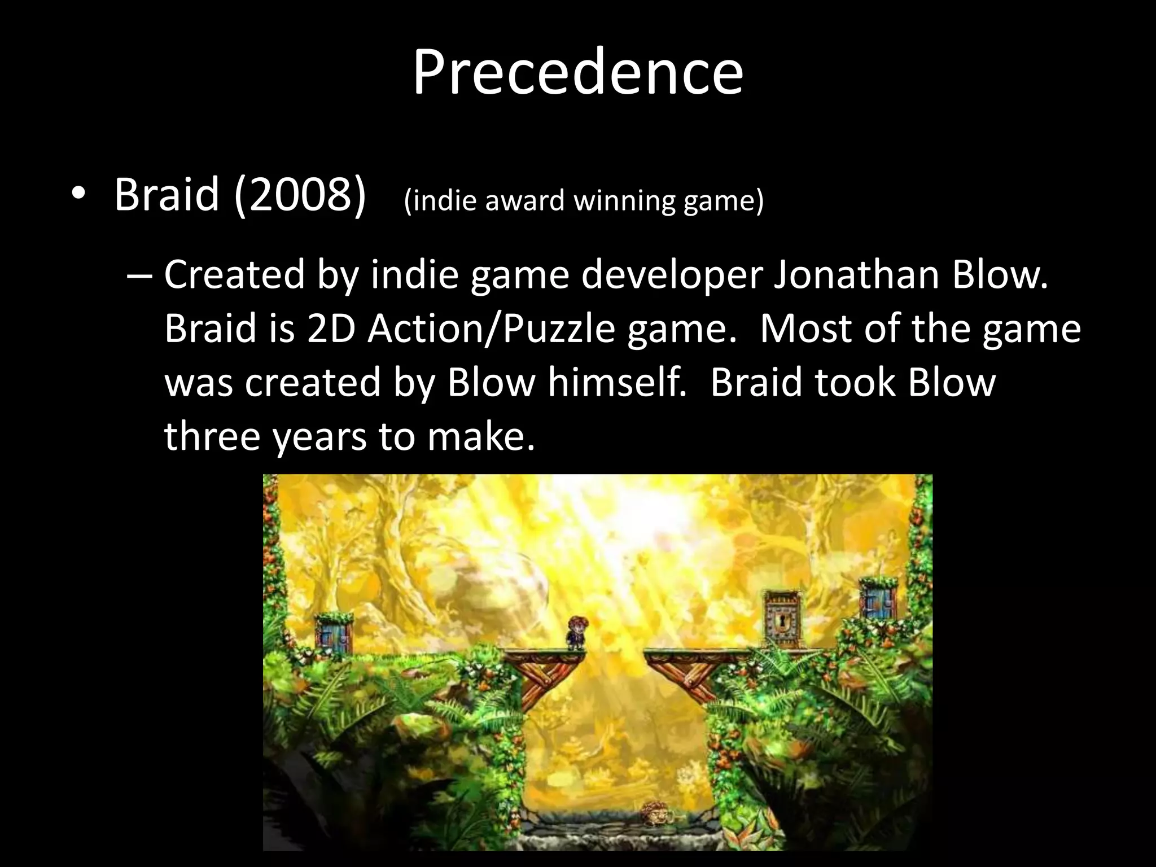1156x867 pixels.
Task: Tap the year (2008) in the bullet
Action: click(300, 195)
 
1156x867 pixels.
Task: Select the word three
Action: click(212, 436)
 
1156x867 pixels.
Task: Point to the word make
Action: click(480, 436)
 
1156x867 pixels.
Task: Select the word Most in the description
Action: click(806, 329)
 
